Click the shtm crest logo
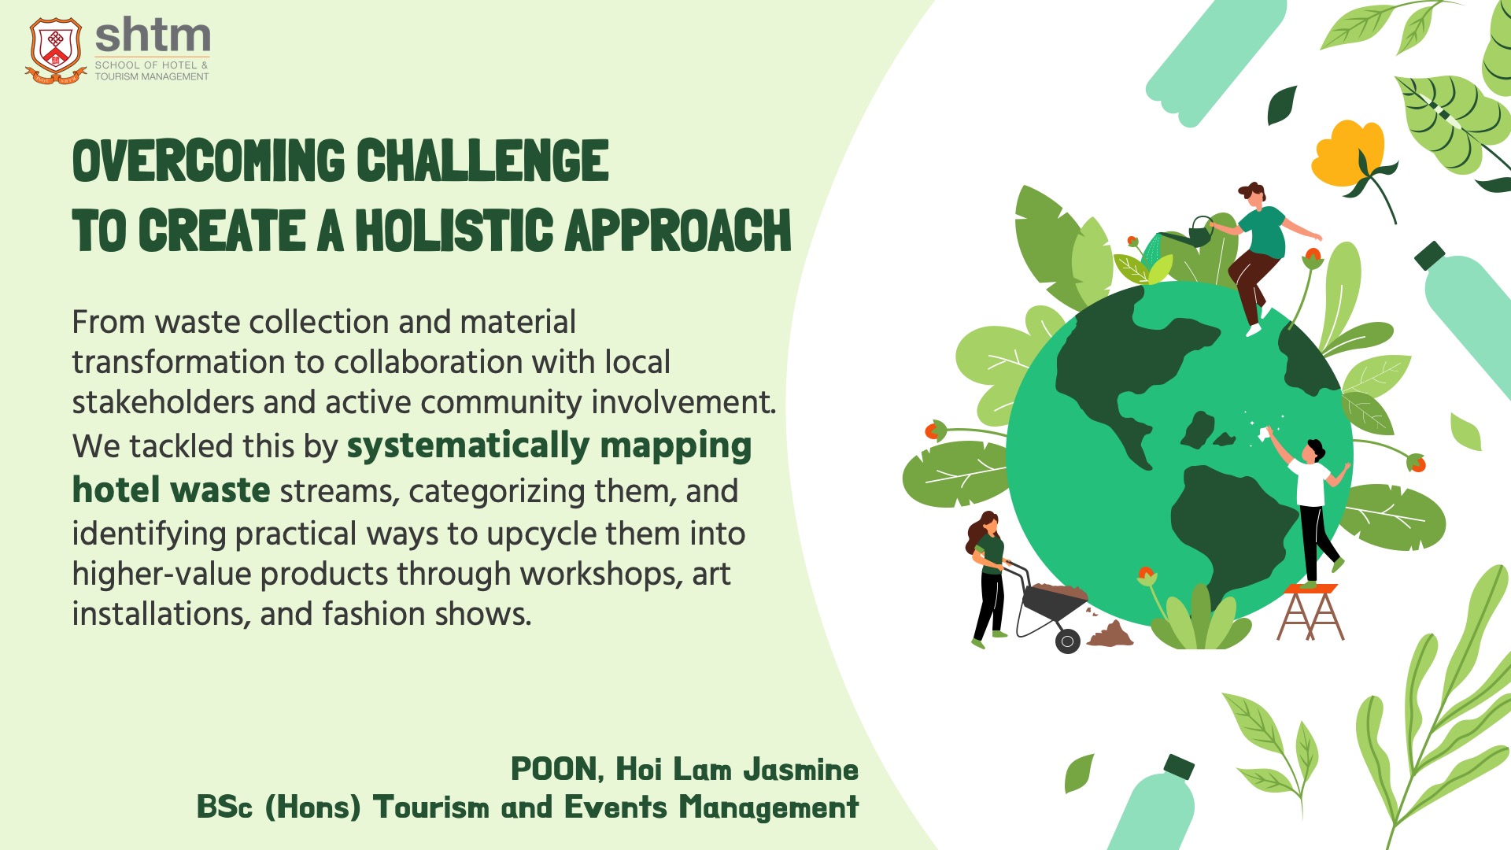point(55,50)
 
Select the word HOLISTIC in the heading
point(453,231)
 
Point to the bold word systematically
point(468,447)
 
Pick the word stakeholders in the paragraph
point(163,402)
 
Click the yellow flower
point(1347,153)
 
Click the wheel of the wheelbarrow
point(1067,641)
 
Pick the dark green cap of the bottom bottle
point(1179,766)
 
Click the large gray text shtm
point(153,35)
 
